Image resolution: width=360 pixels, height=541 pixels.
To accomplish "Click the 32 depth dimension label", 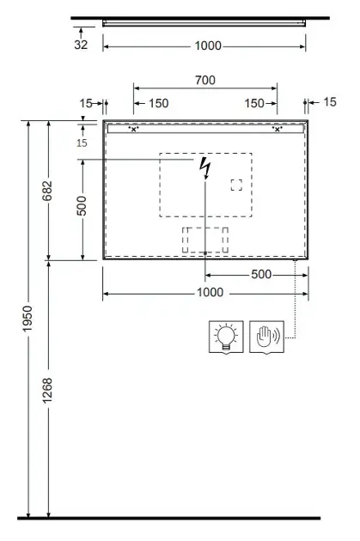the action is [x=81, y=45].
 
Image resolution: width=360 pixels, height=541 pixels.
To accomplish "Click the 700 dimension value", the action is [x=205, y=80].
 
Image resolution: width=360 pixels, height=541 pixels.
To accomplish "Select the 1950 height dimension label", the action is [x=27, y=319].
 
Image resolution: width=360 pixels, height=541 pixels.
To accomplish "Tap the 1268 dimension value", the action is [x=47, y=390].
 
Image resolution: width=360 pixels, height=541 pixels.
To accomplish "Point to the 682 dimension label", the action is [x=47, y=191].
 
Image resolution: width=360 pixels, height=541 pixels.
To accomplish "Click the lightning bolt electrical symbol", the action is [x=205, y=168].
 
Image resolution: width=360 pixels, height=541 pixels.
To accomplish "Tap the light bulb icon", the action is [x=226, y=337].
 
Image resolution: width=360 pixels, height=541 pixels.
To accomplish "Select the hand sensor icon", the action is [x=267, y=337].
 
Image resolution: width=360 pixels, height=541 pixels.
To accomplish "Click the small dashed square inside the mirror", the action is [x=236, y=185].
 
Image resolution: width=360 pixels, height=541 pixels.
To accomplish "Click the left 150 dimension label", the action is [x=158, y=103].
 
